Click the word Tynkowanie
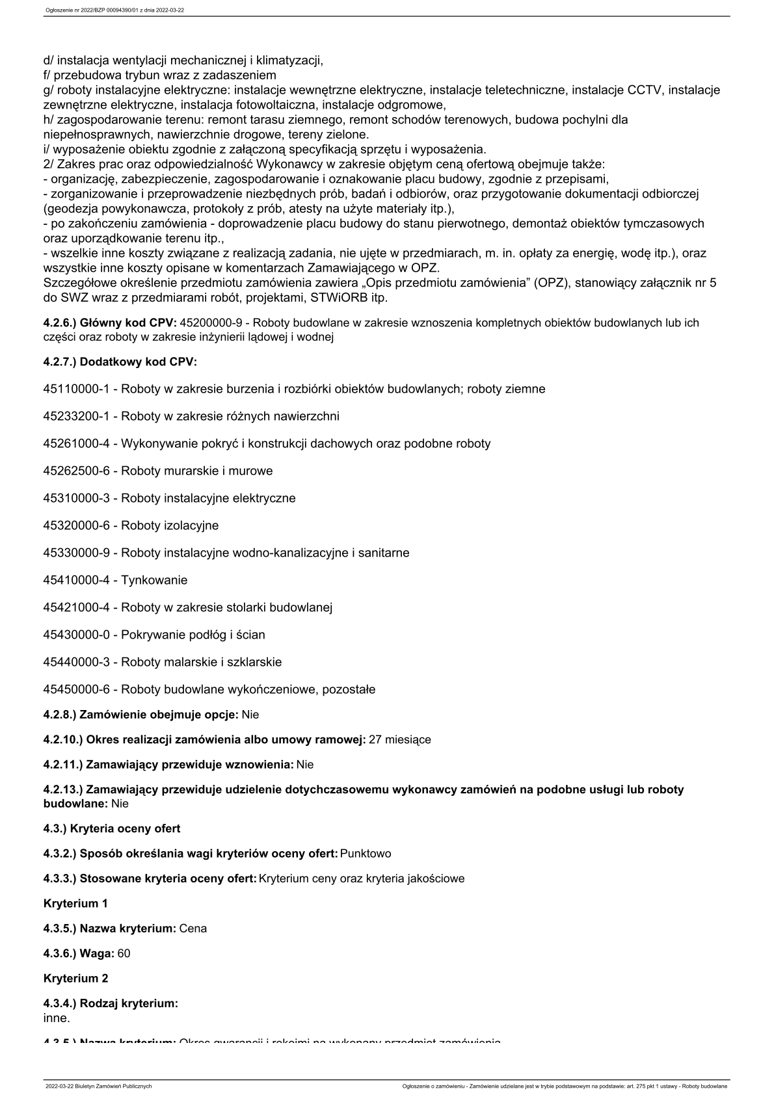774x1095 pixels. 154,580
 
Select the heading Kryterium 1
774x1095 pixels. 75,903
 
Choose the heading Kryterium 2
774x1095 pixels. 75,978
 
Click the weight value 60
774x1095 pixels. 124,953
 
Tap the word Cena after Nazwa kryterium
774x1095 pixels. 193,929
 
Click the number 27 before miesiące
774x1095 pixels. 375,739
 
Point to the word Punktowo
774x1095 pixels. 366,853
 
